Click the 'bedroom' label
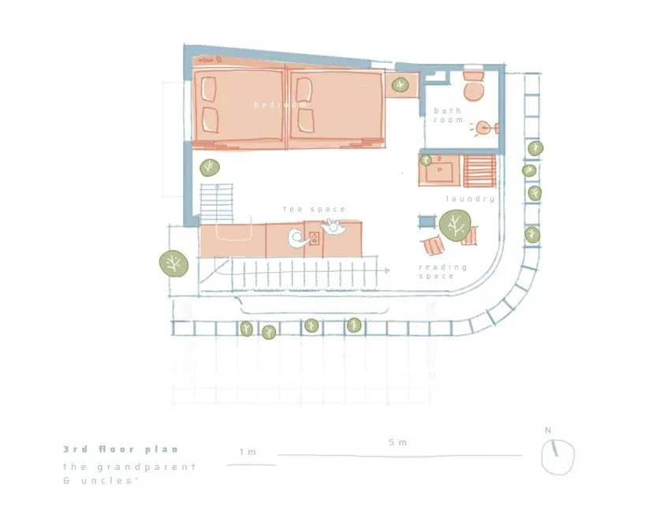pos(280,105)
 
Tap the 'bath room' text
pos(449,115)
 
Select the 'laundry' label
pos(470,199)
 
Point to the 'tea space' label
pos(315,209)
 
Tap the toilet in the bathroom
pos(473,86)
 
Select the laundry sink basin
pos(439,171)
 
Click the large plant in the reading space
pos(454,225)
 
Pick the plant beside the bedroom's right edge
pos(400,85)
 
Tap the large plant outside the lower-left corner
pos(173,263)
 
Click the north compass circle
pos(557,457)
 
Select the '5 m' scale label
pos(397,443)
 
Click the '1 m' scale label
pos(248,452)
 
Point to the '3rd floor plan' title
pos(121,449)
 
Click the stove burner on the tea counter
pos(315,238)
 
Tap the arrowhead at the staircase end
pos(386,270)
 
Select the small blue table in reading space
pos(427,222)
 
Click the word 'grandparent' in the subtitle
pos(147,468)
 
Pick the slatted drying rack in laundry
pos(479,171)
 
